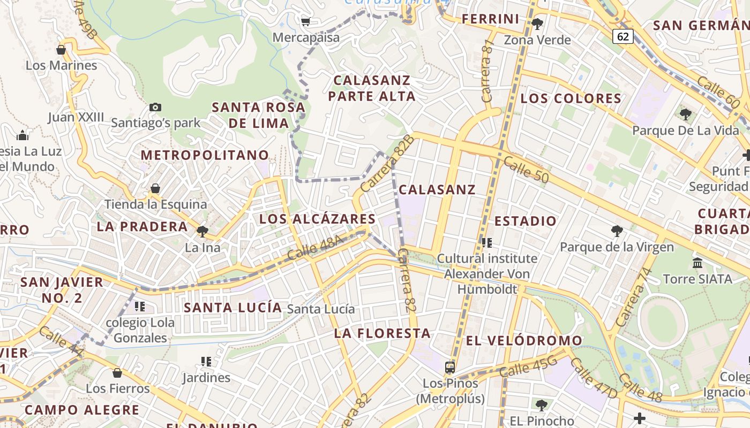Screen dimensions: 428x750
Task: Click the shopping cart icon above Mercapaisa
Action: click(x=305, y=22)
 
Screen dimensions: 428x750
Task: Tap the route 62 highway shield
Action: click(x=622, y=36)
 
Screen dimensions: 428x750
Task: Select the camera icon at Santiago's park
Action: click(x=155, y=107)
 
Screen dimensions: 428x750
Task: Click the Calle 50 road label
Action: click(x=526, y=171)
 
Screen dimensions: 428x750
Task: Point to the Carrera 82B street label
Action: click(x=387, y=164)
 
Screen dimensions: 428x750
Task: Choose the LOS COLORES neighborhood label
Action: click(x=571, y=98)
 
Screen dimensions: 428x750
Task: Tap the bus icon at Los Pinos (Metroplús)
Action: click(x=450, y=368)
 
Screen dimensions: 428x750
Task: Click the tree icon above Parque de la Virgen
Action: click(x=617, y=231)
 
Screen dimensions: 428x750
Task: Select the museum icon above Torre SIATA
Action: click(x=697, y=263)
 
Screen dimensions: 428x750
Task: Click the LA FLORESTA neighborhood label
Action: click(x=382, y=333)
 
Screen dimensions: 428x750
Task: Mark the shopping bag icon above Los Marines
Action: click(x=61, y=50)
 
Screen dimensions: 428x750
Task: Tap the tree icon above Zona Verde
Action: click(x=537, y=24)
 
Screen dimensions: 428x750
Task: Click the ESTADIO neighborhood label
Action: click(x=526, y=221)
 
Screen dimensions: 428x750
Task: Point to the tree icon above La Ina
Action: click(x=202, y=232)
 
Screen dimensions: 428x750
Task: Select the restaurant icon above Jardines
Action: click(x=206, y=362)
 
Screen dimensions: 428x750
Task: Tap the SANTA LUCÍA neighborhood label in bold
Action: click(x=233, y=308)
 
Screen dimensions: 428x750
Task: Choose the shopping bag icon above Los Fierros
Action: click(x=117, y=372)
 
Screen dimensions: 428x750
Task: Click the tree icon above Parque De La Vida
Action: click(x=685, y=114)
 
